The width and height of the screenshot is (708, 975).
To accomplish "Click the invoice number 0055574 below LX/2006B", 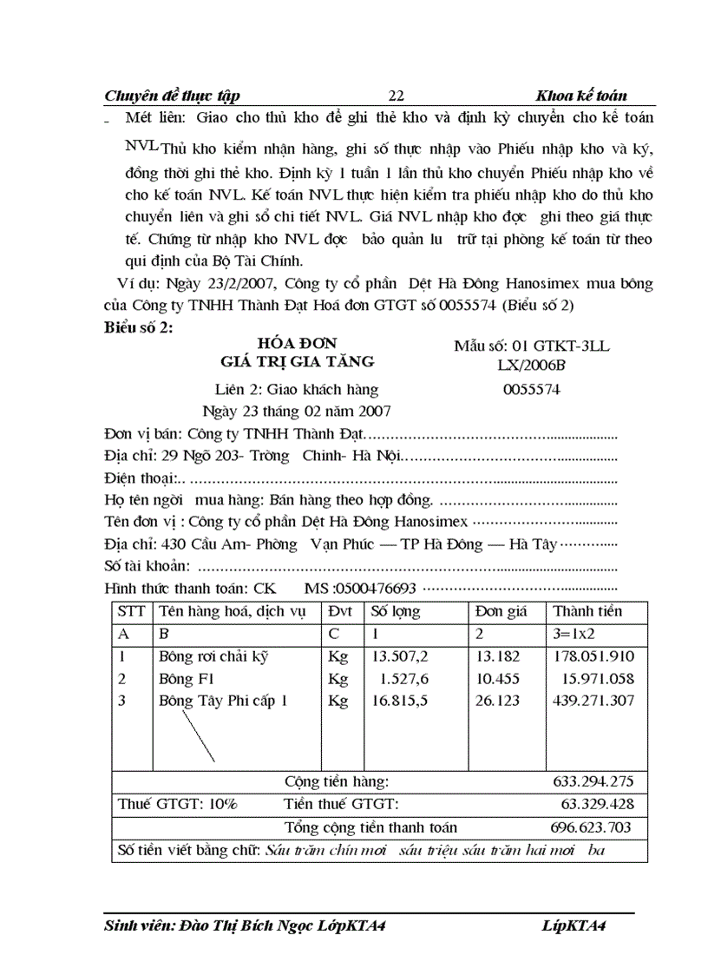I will click(532, 390).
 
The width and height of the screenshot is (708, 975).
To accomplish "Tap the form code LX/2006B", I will click(532, 367).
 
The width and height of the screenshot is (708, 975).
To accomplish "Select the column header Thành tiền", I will click(587, 611).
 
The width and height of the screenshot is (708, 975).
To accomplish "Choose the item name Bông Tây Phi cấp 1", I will click(223, 701).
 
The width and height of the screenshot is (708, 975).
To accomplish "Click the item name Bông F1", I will click(180, 678).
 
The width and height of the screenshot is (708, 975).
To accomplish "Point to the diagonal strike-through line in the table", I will click(196, 735).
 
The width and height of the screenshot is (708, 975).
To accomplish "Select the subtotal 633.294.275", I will click(593, 781).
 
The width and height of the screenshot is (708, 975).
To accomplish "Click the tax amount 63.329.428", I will click(597, 804).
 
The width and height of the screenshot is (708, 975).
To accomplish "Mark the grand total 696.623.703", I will click(592, 827).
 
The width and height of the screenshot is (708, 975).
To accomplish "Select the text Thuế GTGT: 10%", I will click(177, 804).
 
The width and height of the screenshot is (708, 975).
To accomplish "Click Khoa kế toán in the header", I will click(581, 96).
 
